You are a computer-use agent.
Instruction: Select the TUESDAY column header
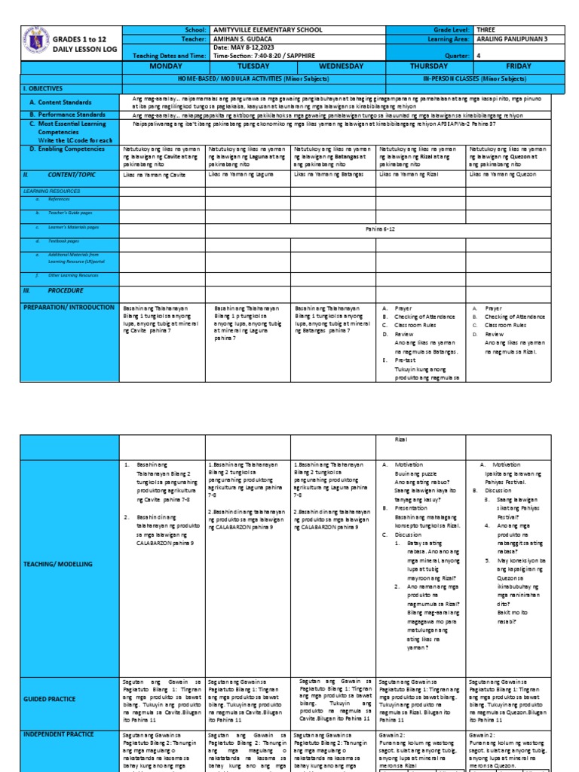248,66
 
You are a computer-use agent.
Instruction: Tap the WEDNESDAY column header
333,66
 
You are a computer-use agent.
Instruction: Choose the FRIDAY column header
518,66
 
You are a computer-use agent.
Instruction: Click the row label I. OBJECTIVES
47,88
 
